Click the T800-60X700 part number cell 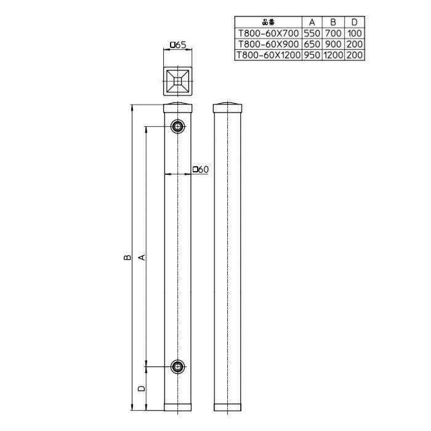pos(268,33)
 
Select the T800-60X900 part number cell pos(268,44)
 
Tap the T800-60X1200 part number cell pos(268,55)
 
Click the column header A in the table pos(312,22)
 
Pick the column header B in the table pos(333,22)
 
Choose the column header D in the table pos(355,22)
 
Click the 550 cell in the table pos(312,33)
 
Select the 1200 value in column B pos(333,55)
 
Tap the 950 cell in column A pos(312,55)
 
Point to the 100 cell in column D pos(355,33)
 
